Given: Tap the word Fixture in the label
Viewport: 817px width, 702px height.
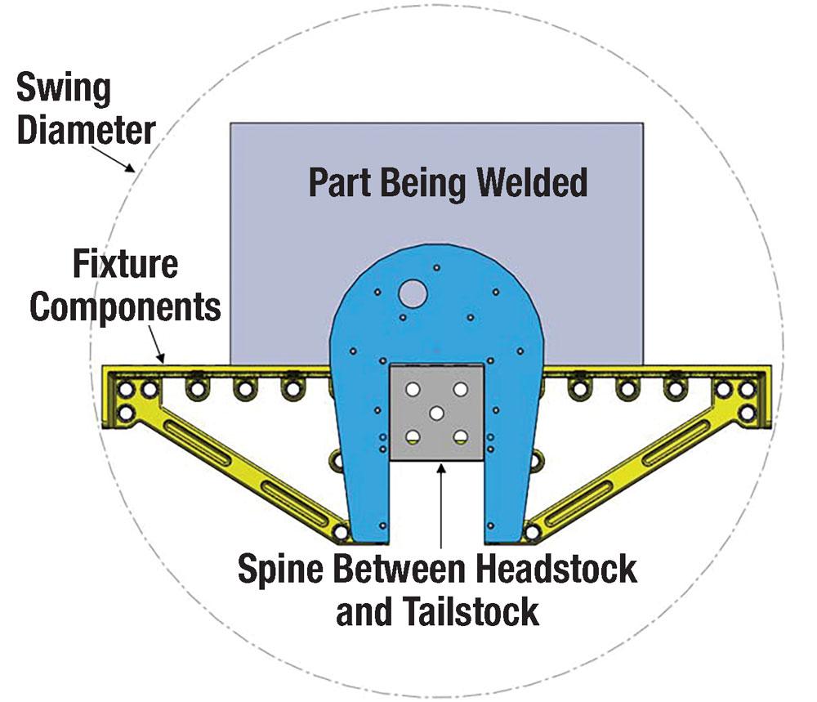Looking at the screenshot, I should coord(125,264).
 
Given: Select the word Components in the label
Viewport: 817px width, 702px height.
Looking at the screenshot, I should coord(126,307).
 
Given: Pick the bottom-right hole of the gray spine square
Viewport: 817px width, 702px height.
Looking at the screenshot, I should coord(462,436).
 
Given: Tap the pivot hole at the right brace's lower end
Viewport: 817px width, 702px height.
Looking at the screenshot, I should coord(533,532).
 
